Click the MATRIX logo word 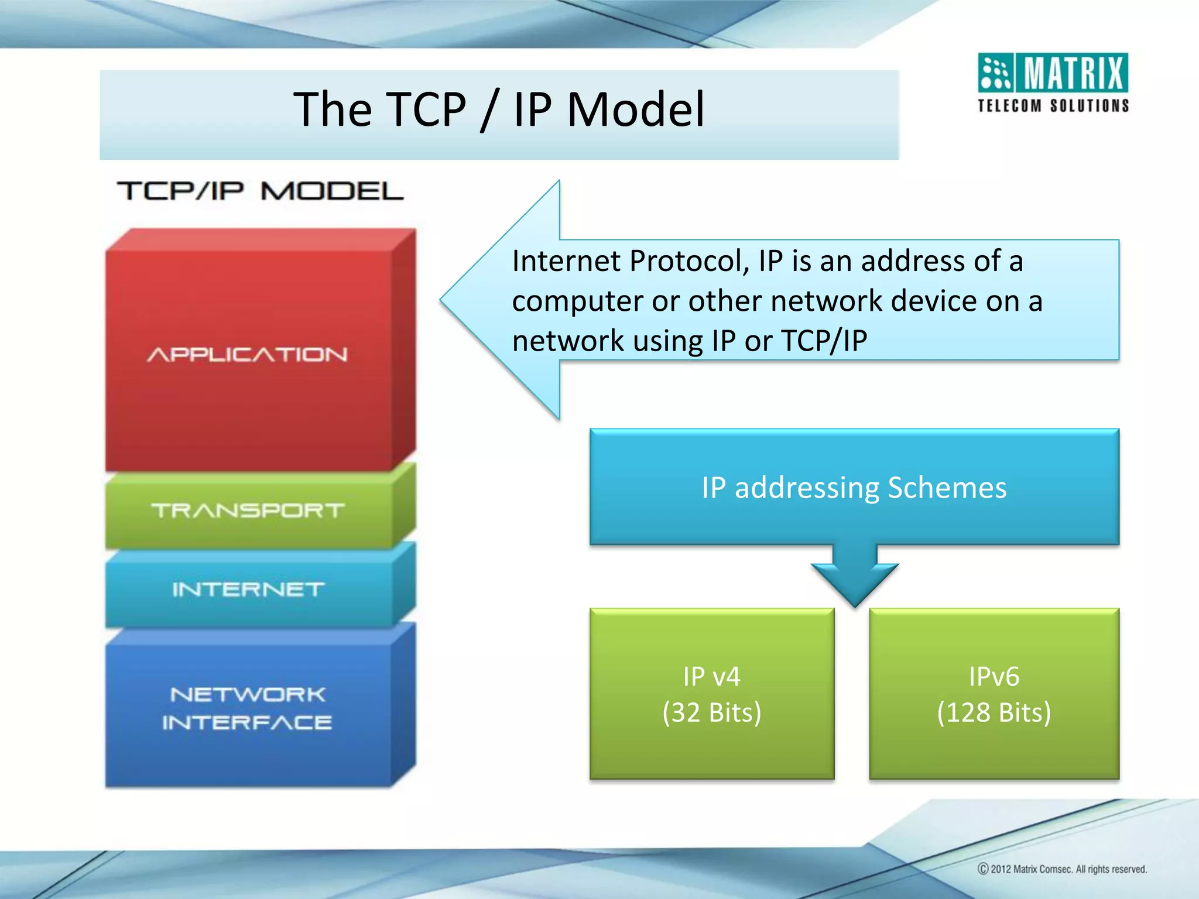[1074, 74]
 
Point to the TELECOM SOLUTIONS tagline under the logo [1053, 106]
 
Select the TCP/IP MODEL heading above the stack [261, 191]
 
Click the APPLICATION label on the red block [247, 355]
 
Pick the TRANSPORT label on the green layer [248, 510]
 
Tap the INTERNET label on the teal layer [248, 589]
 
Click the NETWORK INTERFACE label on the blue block [247, 708]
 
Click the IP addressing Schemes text [854, 488]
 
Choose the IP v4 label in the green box [711, 677]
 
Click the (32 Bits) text [711, 712]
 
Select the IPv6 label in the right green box [994, 677]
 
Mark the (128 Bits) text [994, 712]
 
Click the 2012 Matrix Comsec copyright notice [1062, 869]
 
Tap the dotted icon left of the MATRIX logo [995, 74]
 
